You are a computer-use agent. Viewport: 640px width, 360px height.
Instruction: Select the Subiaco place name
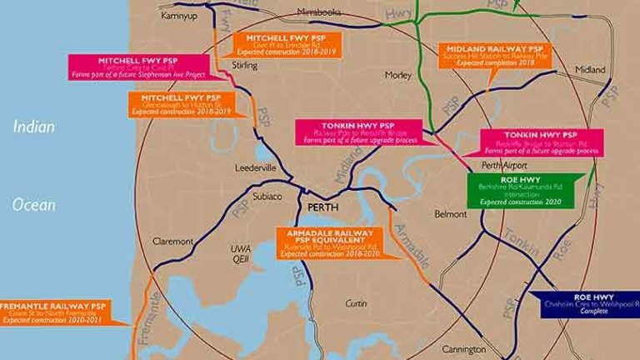pyautogui.click(x=268, y=197)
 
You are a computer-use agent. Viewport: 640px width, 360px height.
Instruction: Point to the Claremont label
pyautogui.click(x=173, y=241)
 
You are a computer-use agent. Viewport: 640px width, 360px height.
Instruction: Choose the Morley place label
pyautogui.click(x=397, y=75)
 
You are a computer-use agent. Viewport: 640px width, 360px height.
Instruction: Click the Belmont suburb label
pyautogui.click(x=451, y=214)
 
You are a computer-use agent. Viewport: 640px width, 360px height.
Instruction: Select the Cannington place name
pyautogui.click(x=464, y=348)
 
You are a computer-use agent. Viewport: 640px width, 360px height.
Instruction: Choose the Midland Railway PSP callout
pyautogui.click(x=495, y=56)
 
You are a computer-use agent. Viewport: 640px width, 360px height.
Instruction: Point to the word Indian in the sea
pyautogui.click(x=33, y=127)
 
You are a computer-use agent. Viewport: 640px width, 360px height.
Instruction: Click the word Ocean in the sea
pyautogui.click(x=34, y=204)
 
